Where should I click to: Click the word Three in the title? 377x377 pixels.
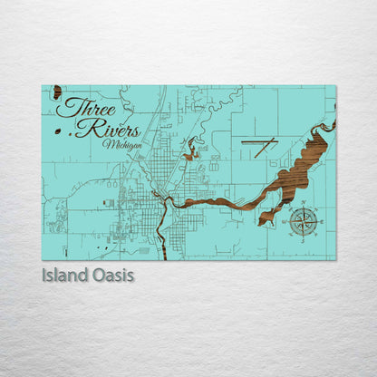point(83,108)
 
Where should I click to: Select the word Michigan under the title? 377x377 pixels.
point(121,144)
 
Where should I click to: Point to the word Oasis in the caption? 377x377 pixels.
point(114,275)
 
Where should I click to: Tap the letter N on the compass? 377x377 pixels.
point(303,203)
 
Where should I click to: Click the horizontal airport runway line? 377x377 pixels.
point(256,142)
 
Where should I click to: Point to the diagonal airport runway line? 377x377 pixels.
point(265,147)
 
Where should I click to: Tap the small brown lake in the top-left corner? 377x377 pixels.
point(57,92)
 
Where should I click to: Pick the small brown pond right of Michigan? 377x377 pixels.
point(191,152)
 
